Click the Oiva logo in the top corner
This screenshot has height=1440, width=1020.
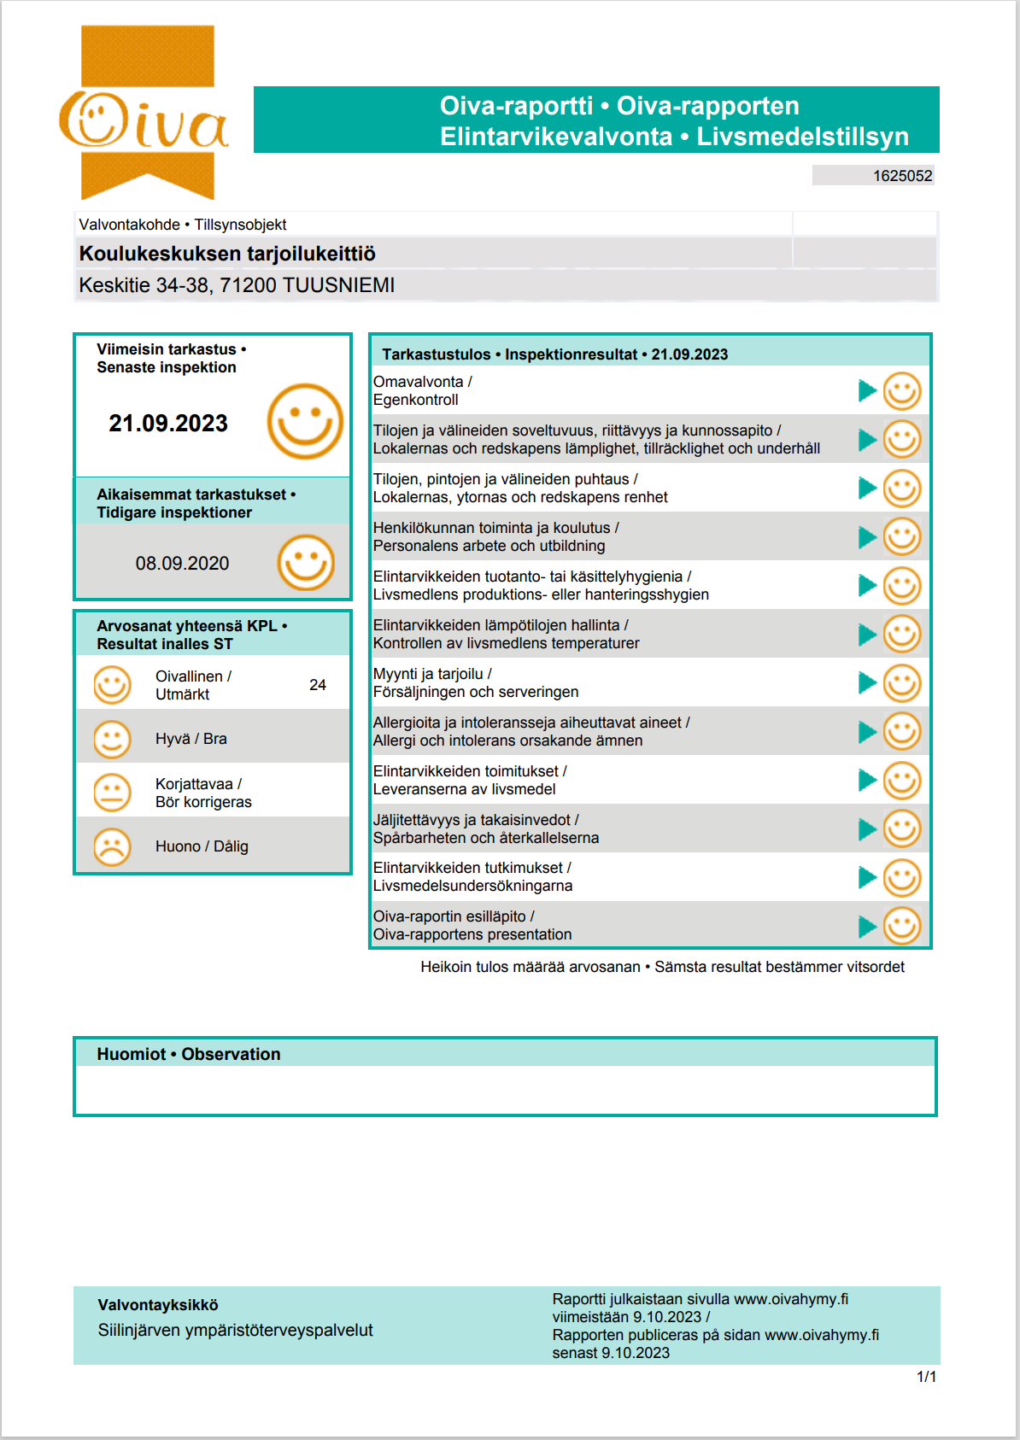coord(145,115)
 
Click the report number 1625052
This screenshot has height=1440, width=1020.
coord(902,176)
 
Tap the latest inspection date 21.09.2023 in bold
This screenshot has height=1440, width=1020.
coord(168,424)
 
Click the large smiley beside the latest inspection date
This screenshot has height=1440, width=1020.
coord(305,421)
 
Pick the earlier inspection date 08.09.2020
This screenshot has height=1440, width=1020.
coord(182,564)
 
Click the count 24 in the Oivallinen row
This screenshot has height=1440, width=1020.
coord(318,685)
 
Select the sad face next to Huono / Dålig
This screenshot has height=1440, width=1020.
coord(112,846)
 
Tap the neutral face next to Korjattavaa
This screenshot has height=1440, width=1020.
coord(112,793)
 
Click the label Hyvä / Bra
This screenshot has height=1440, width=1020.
coord(191,739)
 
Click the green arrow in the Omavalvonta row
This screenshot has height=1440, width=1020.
coord(867,391)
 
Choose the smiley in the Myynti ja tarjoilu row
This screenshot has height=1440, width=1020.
coord(902,683)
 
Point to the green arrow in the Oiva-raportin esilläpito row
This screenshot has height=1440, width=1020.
coord(867,926)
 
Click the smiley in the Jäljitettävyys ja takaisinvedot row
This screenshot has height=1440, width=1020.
coord(902,828)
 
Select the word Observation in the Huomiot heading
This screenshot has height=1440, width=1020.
coord(231,1054)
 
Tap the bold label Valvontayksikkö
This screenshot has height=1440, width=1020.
coord(158,1305)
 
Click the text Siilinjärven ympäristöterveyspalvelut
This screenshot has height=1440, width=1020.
coord(236,1330)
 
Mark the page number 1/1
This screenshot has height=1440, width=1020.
coord(926,1377)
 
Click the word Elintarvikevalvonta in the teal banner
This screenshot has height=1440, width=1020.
coord(556,137)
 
